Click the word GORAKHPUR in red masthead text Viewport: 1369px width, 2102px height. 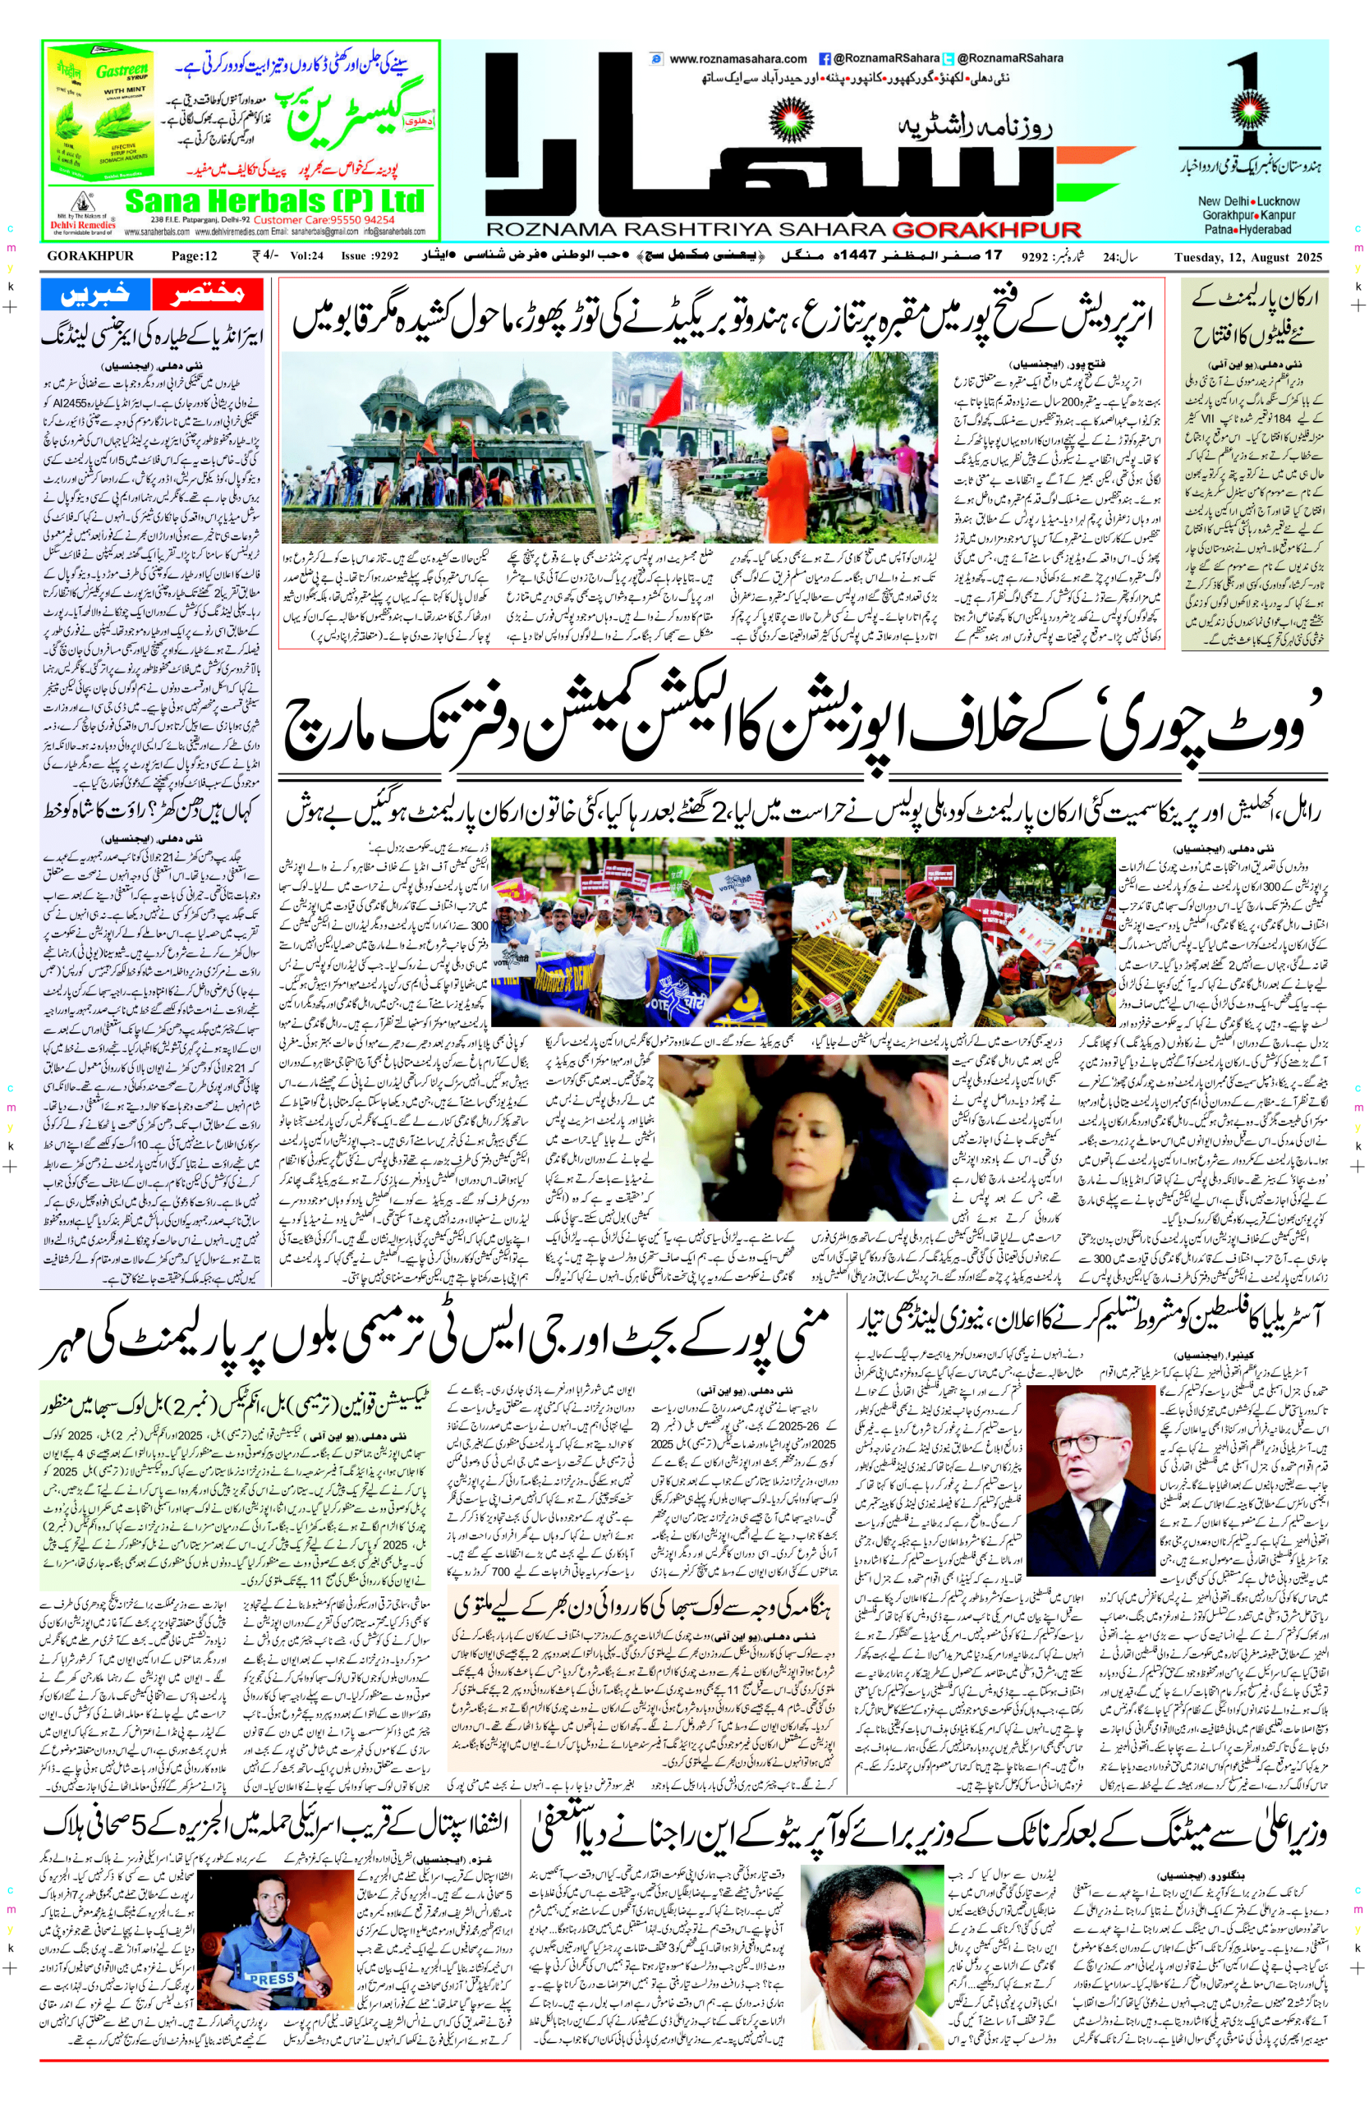pos(986,230)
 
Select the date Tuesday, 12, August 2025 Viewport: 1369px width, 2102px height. pos(1248,257)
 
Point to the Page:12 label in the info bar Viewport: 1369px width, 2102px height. pos(195,257)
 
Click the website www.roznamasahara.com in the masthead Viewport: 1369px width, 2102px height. pos(737,59)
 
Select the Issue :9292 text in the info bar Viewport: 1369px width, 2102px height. pos(370,257)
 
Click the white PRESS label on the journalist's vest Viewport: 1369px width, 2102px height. pos(271,1979)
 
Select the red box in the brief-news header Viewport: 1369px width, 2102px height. pos(209,294)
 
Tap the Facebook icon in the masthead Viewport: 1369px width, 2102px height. pos(824,59)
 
